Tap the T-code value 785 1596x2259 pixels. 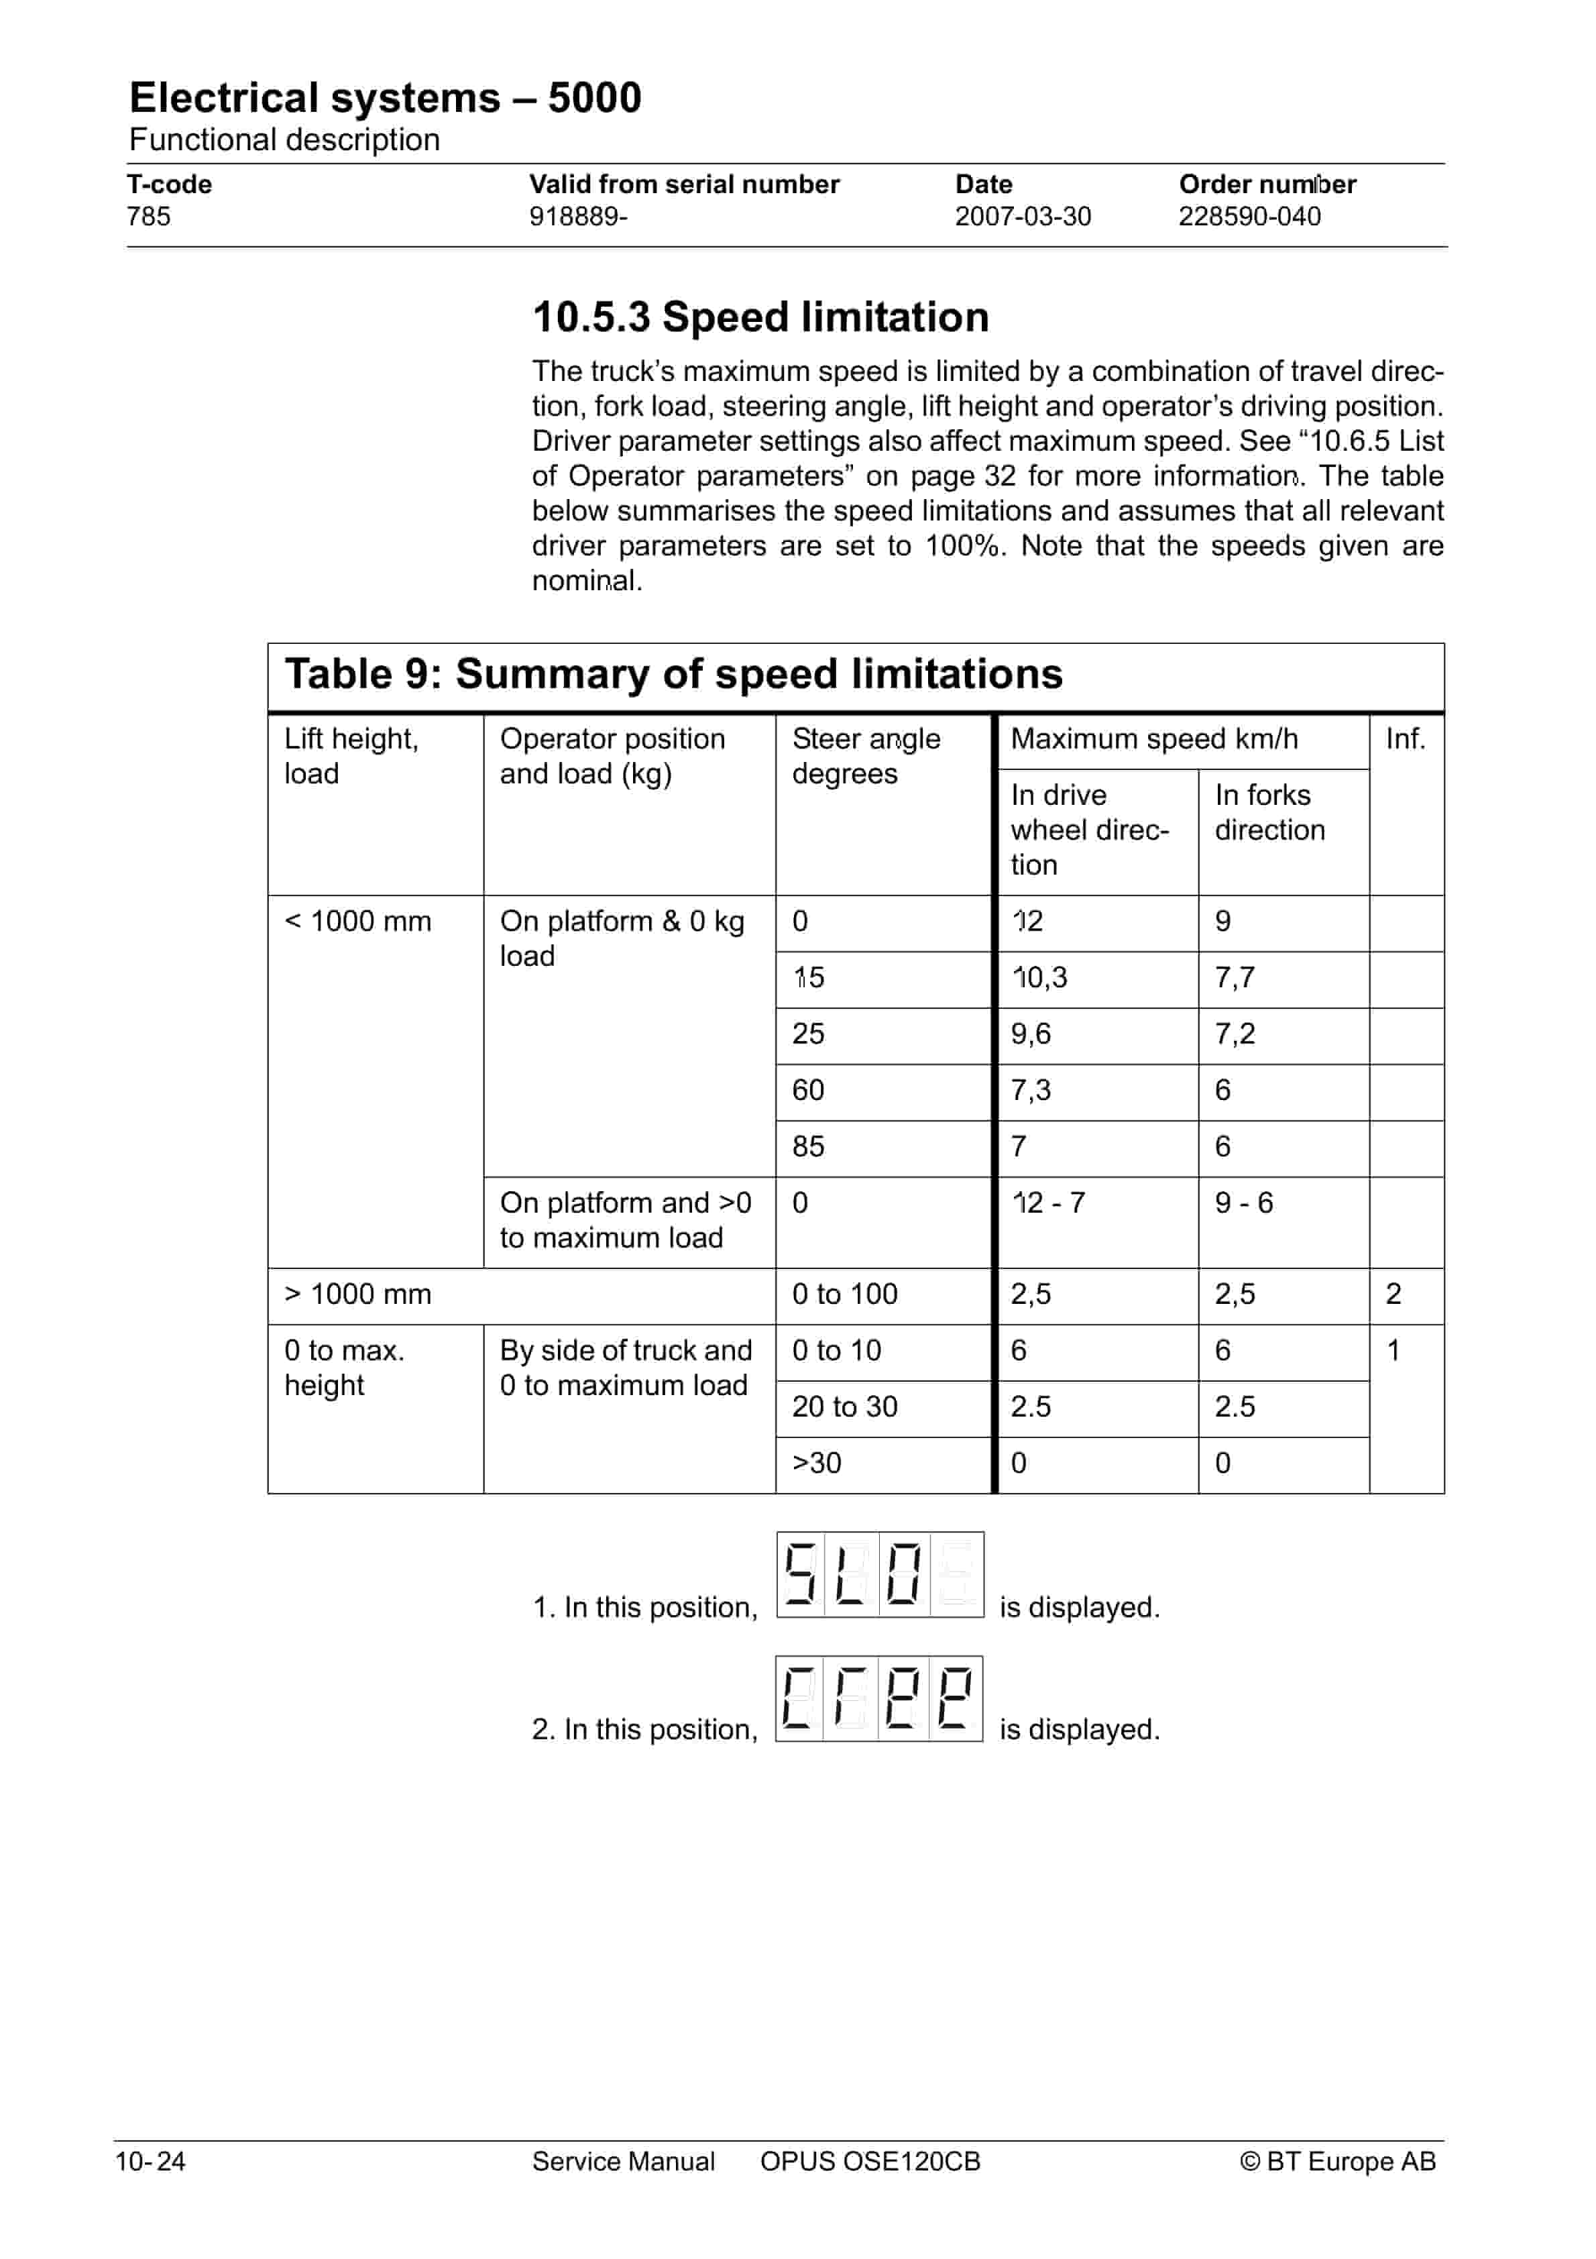coord(149,217)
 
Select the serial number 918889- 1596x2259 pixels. coord(577,217)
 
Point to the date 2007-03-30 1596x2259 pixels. coord(1023,217)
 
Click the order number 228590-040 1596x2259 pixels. coord(1250,217)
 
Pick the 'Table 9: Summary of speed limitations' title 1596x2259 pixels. coord(673,675)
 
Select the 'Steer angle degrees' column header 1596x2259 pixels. coord(865,756)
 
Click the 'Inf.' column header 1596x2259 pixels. coord(1404,739)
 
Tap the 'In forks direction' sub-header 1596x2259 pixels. coord(1269,813)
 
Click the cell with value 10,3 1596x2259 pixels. coord(1040,978)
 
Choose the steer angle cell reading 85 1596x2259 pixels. coord(808,1147)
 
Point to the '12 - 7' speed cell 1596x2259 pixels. coord(1048,1203)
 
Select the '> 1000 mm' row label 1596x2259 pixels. coord(358,1294)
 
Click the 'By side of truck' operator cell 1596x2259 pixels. coord(625,1368)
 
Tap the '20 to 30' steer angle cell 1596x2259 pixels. coord(844,1407)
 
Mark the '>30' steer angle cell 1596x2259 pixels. coord(817,1463)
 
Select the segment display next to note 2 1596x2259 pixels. coord(878,1698)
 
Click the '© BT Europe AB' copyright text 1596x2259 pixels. coord(1337,2162)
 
